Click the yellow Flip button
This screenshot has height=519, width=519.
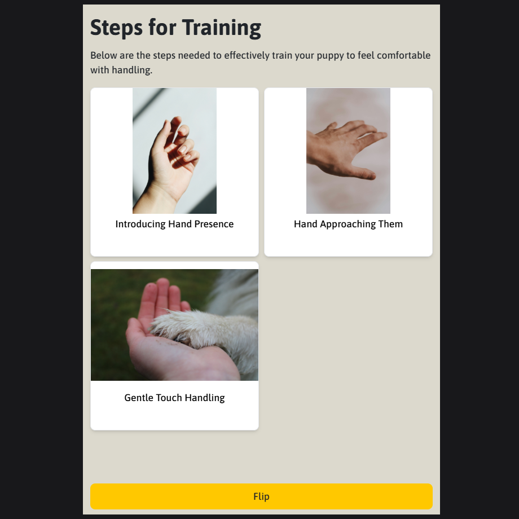click(261, 496)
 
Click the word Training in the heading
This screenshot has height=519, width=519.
click(222, 28)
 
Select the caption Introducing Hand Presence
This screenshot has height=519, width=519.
click(174, 224)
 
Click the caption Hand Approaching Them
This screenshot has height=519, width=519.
click(348, 224)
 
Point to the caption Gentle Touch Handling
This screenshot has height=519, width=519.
click(174, 398)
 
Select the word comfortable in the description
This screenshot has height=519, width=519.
click(403, 55)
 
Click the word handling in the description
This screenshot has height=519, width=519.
click(131, 70)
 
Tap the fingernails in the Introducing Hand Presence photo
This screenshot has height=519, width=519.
click(184, 146)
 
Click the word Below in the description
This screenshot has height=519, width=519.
click(104, 55)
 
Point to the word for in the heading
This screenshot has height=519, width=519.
click(162, 28)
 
